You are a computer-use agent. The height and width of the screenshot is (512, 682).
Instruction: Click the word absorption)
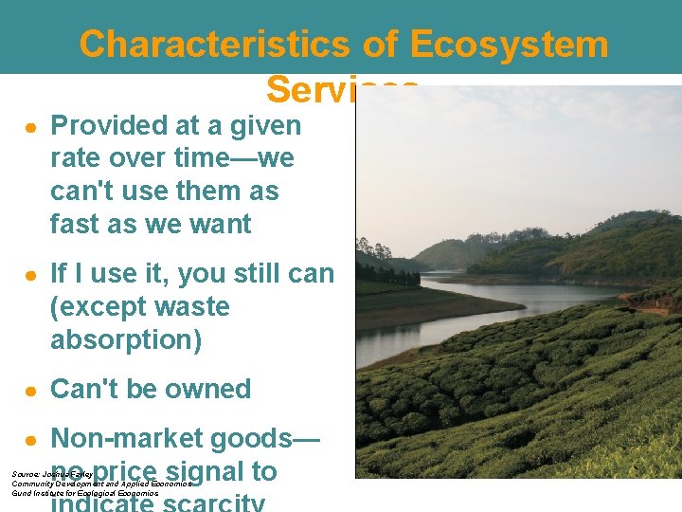(125, 339)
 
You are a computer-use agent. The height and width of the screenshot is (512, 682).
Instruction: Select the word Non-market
(122, 439)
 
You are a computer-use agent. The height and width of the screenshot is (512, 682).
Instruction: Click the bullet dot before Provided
(31, 127)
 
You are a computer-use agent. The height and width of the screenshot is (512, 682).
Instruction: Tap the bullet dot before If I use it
(31, 275)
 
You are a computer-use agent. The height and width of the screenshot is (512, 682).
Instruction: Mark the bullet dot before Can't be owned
(31, 390)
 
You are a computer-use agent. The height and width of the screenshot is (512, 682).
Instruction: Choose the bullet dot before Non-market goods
(31, 440)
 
